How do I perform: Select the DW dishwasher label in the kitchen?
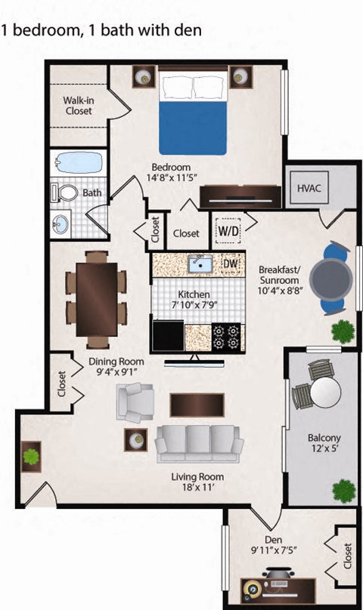(231, 263)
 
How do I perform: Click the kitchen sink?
(200, 263)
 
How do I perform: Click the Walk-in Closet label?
(78, 105)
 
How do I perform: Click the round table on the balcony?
(324, 390)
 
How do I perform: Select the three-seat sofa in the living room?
(199, 442)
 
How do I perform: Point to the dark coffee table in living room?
(197, 404)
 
